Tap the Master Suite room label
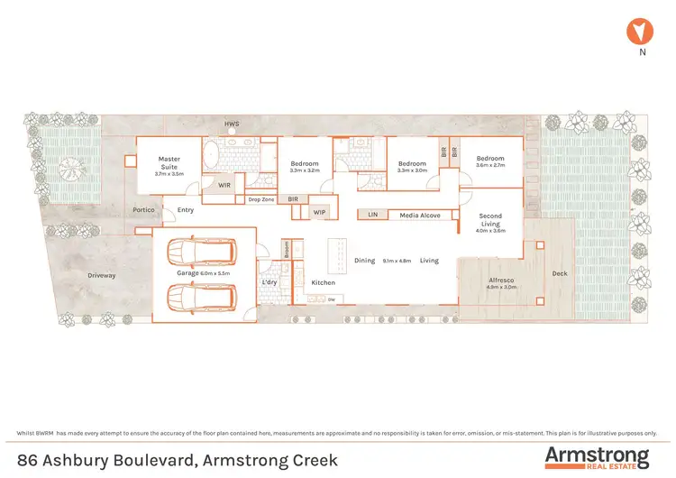point(169,162)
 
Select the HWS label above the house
point(232,124)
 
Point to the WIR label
point(224,186)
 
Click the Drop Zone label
point(261,199)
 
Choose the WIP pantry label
point(319,213)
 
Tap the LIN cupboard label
point(371,216)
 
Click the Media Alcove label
point(420,216)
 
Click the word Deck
point(560,273)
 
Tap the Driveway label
point(101,275)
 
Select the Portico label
point(143,210)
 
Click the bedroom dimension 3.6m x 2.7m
point(490,165)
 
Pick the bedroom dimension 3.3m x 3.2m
point(305,170)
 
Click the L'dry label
point(269,283)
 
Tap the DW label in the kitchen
point(332,299)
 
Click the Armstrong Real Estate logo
point(596,457)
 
